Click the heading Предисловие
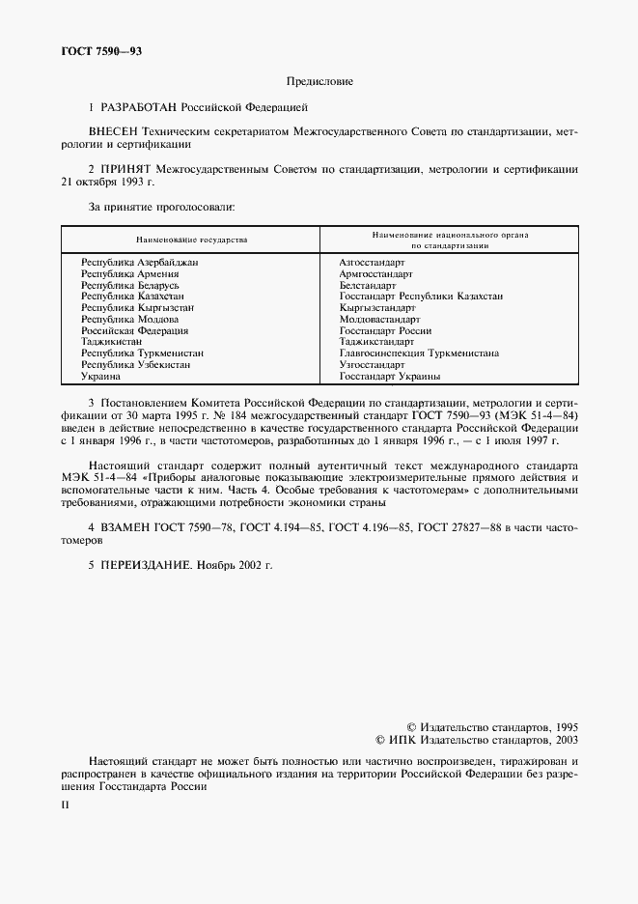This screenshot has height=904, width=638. point(319,82)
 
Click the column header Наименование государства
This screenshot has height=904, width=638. point(190,239)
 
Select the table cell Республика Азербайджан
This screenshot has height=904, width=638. point(140,262)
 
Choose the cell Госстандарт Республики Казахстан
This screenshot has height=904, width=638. point(421,296)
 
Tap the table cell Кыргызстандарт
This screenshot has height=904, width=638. point(377,307)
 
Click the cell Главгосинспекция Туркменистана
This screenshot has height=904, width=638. point(419,353)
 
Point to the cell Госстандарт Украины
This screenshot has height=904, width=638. point(389,377)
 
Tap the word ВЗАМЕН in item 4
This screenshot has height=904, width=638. point(130,528)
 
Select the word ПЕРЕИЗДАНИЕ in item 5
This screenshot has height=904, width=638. point(146,563)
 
